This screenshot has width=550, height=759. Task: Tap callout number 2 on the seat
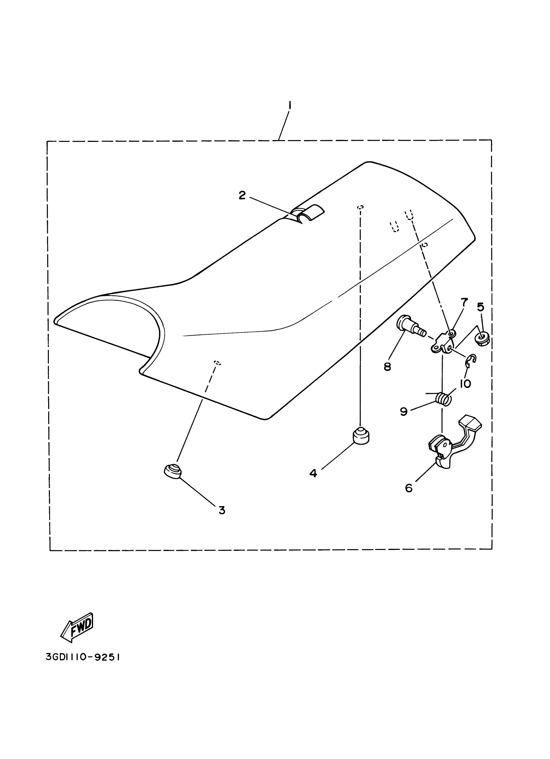[242, 195]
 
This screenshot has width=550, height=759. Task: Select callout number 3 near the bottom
[222, 510]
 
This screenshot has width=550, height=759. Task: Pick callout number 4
[313, 473]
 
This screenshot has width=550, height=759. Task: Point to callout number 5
[480, 307]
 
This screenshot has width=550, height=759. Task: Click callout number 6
[408, 488]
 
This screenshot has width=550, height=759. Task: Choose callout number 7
[464, 302]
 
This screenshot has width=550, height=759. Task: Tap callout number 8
[387, 367]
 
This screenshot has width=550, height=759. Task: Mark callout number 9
[404, 412]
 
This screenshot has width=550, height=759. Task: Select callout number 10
[465, 384]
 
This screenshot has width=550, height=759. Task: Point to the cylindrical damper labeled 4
[361, 435]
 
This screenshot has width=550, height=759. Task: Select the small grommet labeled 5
[481, 340]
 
